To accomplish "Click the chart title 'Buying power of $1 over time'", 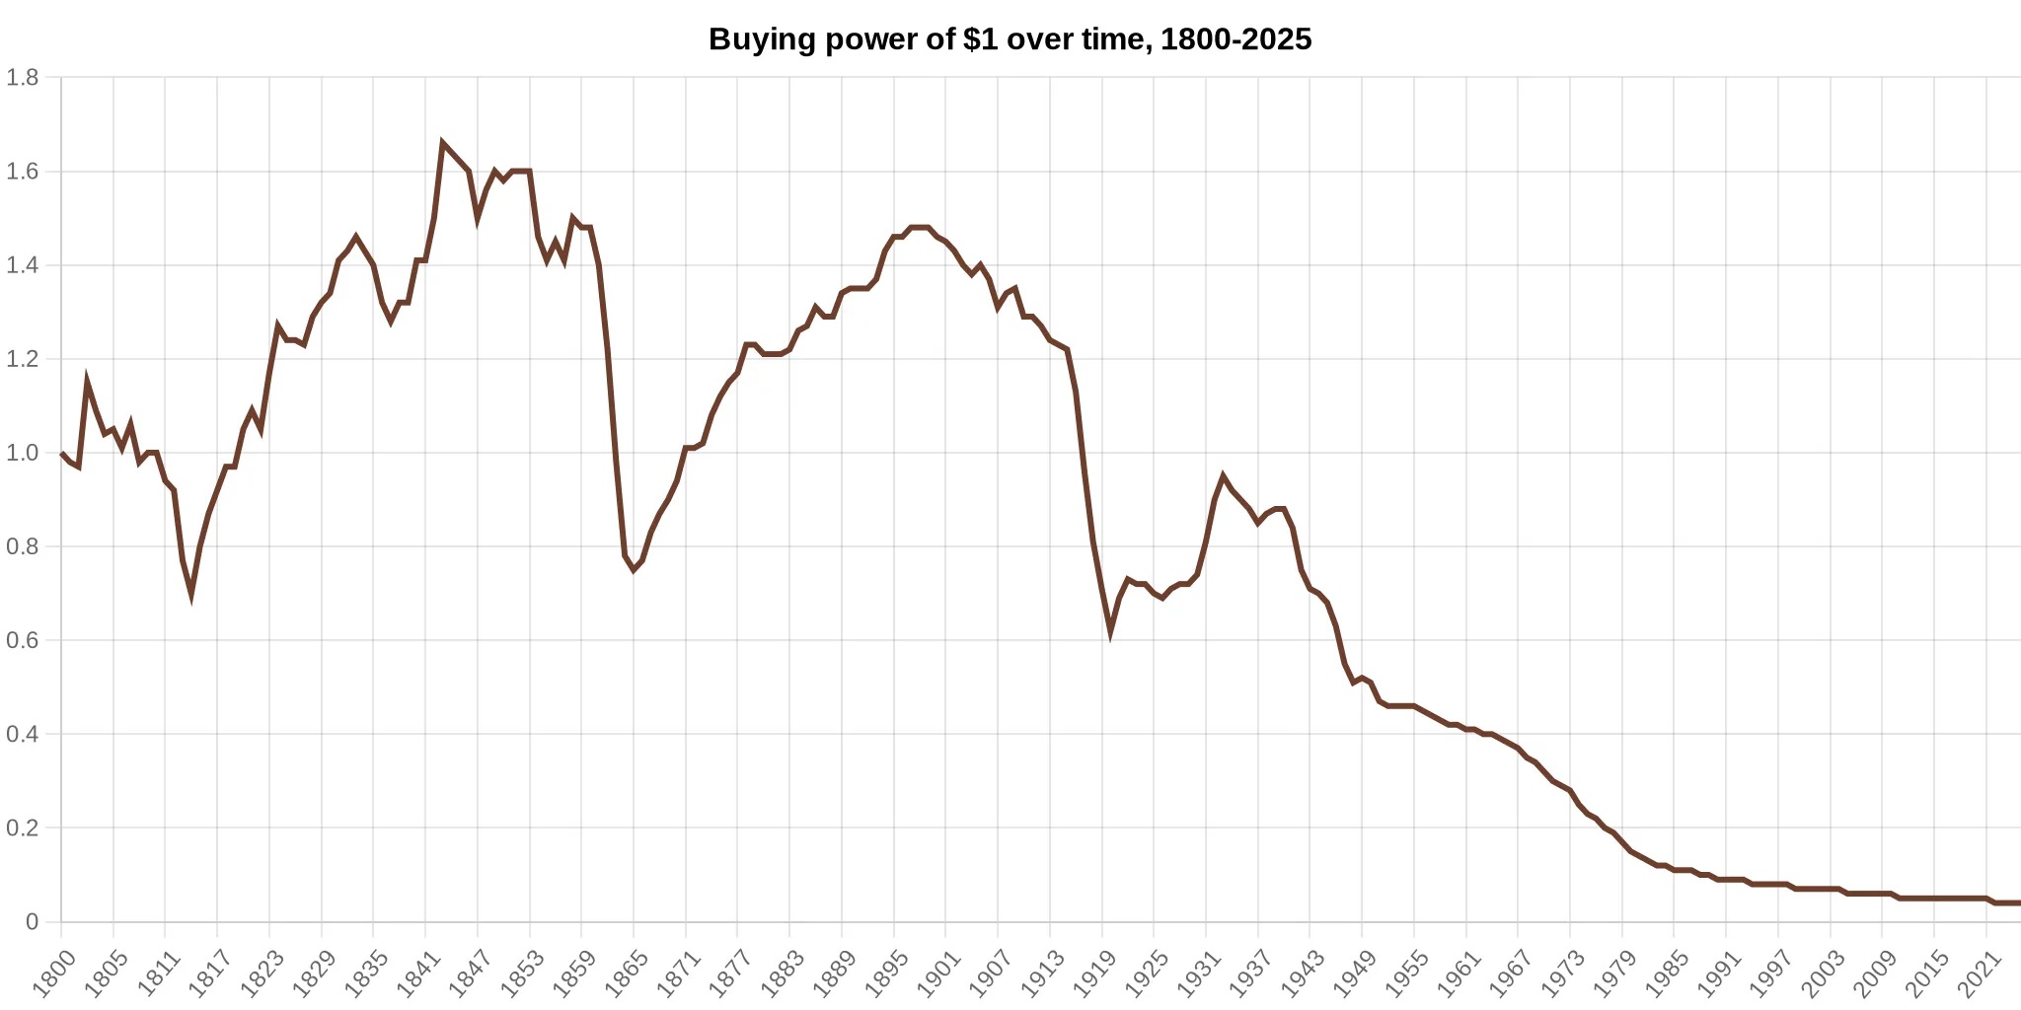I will (928, 39).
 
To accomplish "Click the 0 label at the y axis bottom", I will (32, 921).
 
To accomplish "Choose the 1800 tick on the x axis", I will (53, 973).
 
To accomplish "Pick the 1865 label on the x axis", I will (626, 973).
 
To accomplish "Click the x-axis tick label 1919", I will (1093, 973).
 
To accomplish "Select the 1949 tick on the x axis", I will (1354, 973).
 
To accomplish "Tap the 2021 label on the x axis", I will (1978, 973).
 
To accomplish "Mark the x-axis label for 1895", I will (885, 973).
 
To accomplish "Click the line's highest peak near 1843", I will (442, 143).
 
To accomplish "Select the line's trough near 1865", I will (634, 570).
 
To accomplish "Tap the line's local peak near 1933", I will (1223, 476).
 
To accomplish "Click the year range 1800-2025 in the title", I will (1235, 39).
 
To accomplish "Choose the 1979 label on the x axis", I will (1614, 973).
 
